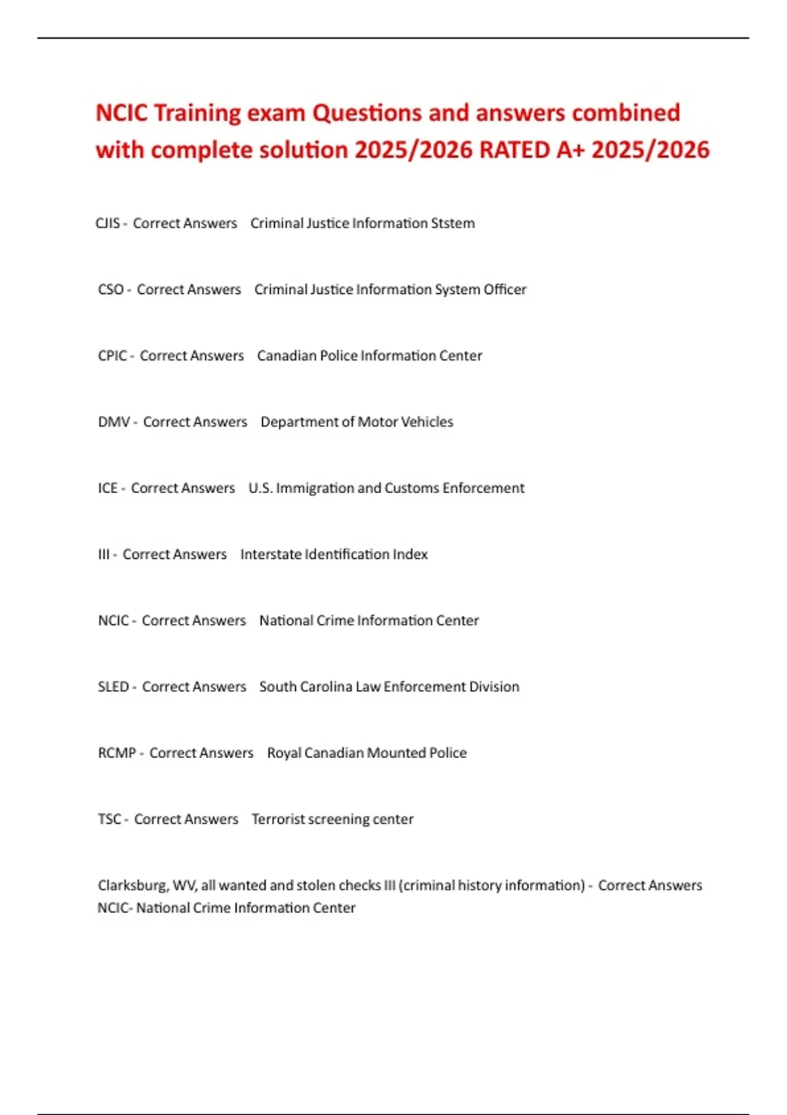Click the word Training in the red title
(x=197, y=113)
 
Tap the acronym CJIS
(x=108, y=224)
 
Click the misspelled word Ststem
(x=453, y=224)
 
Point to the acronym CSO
(x=111, y=290)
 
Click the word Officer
(x=505, y=290)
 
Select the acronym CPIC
(x=112, y=356)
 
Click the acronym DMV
(x=114, y=422)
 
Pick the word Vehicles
(x=427, y=422)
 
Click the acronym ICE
(x=108, y=489)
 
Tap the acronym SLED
(x=113, y=687)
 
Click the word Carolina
(x=326, y=687)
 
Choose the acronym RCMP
(x=117, y=754)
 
